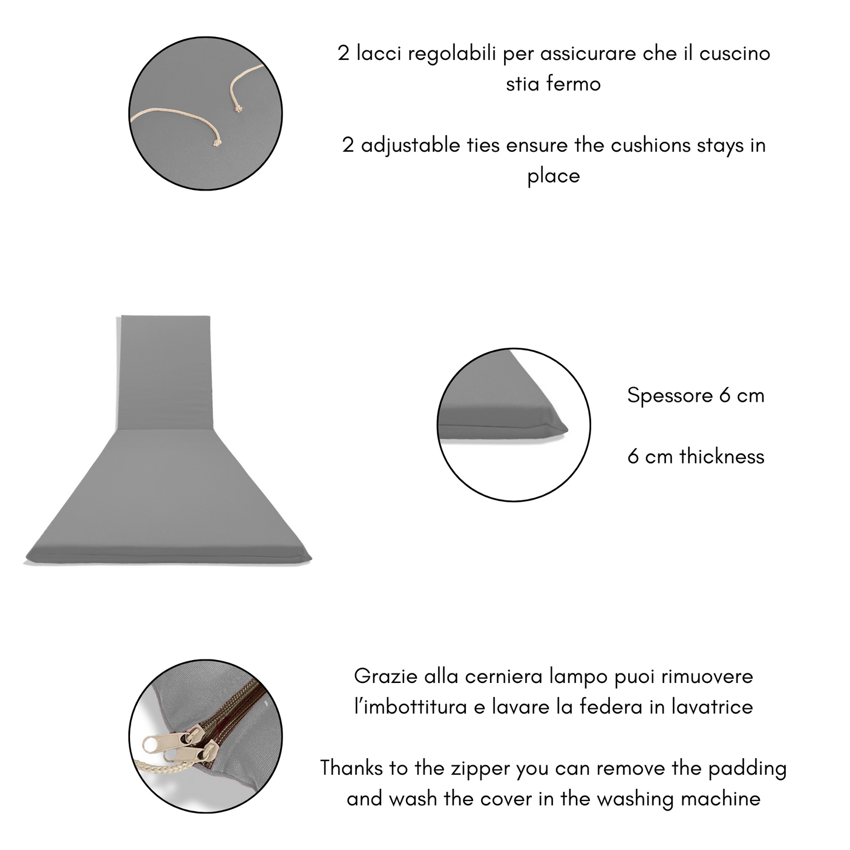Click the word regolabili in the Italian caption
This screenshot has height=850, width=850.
click(x=452, y=54)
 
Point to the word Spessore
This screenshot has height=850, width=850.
click(x=669, y=396)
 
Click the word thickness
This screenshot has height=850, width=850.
click(x=722, y=456)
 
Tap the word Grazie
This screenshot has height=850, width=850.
click(x=385, y=676)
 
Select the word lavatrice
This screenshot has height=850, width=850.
click(x=712, y=707)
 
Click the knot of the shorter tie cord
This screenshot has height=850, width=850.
click(x=238, y=108)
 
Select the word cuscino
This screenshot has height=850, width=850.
click(x=735, y=54)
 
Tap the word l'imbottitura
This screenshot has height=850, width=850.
click(x=411, y=707)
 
